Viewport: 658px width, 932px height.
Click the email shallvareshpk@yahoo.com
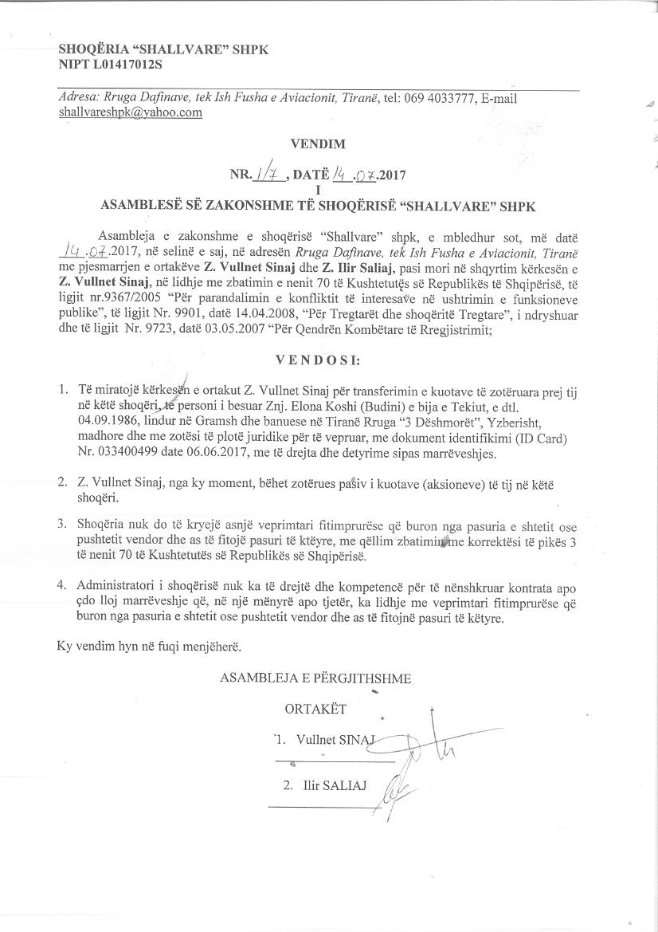pyautogui.click(x=130, y=112)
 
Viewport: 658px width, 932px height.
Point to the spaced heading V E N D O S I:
pyautogui.click(x=318, y=360)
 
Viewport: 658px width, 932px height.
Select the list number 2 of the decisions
pyautogui.click(x=61, y=483)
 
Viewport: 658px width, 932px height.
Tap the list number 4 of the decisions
pyautogui.click(x=61, y=586)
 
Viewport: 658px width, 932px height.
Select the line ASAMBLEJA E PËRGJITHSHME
pyautogui.click(x=315, y=678)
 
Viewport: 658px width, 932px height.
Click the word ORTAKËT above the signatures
pyautogui.click(x=315, y=708)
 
